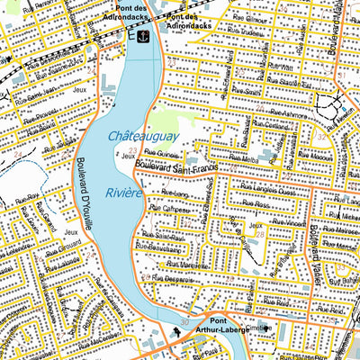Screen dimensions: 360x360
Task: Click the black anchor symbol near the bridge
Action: click(141, 35)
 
